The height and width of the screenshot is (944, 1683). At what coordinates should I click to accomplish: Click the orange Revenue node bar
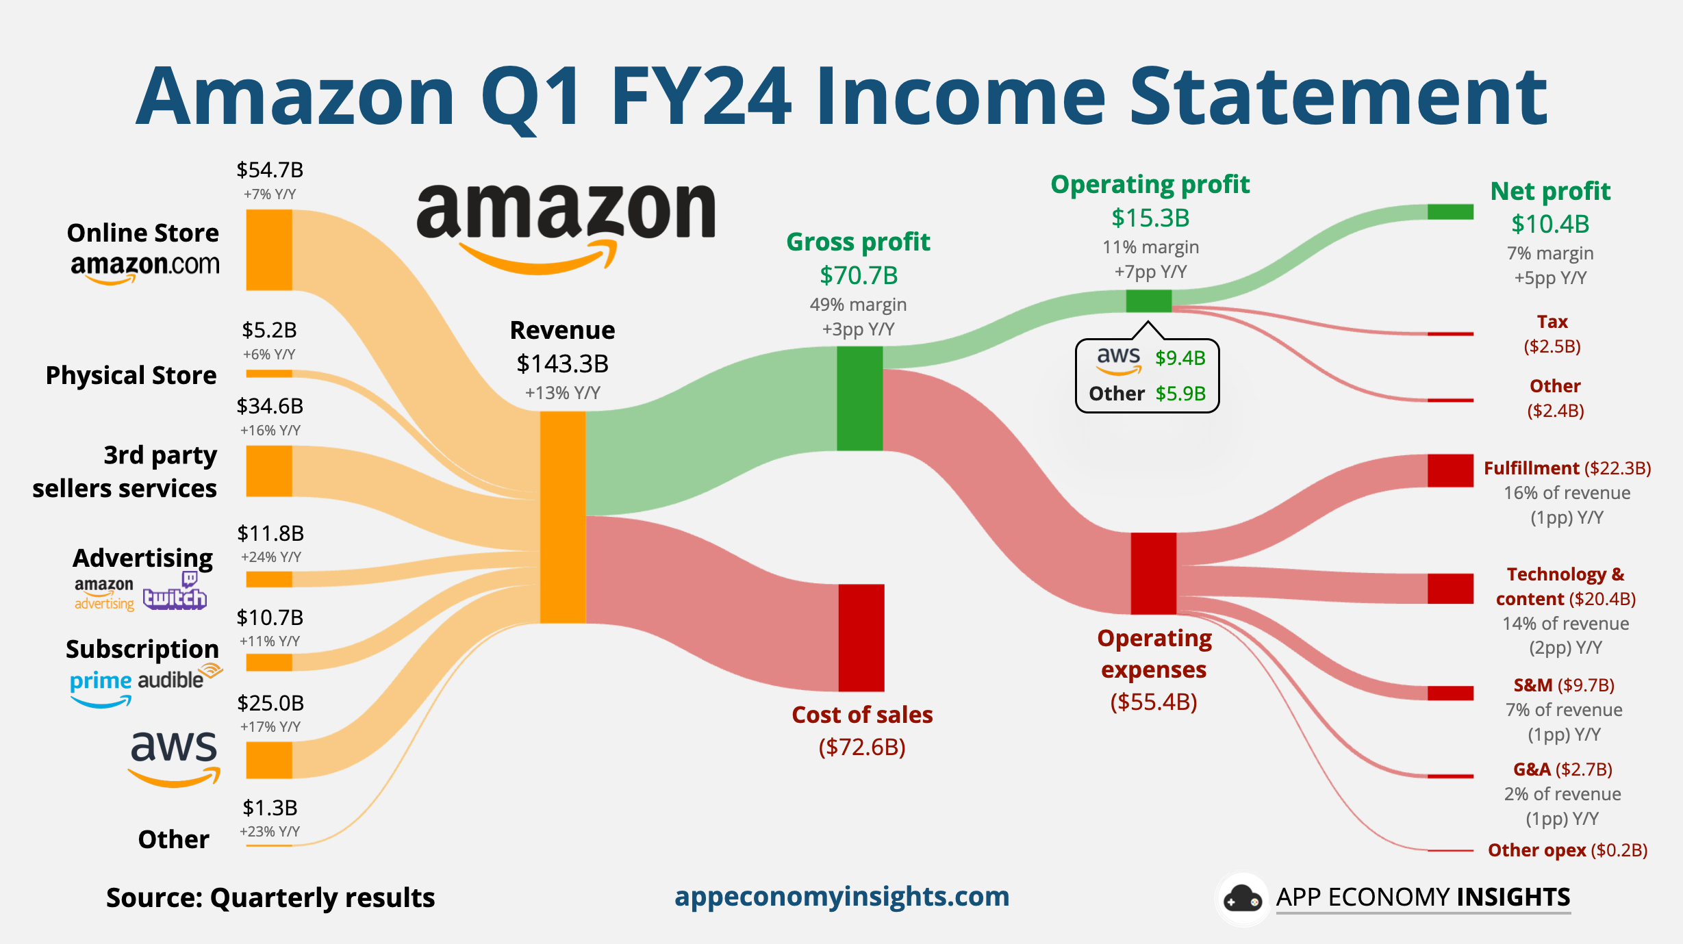point(563,517)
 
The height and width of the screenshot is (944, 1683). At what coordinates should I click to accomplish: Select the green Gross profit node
point(859,398)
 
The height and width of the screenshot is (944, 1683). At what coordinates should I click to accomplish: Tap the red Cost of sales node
point(861,637)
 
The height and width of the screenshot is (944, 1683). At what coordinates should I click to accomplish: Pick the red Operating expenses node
point(1153,573)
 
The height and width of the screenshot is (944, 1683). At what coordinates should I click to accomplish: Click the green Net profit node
point(1450,212)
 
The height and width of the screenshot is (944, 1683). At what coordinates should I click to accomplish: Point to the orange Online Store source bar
point(269,250)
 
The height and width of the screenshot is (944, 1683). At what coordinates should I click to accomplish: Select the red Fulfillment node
point(1450,470)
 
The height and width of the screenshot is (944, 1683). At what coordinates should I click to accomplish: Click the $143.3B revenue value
point(562,363)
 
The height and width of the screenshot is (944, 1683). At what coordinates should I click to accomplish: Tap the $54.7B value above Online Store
point(270,170)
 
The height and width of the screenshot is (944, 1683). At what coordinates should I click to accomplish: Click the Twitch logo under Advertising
point(175,593)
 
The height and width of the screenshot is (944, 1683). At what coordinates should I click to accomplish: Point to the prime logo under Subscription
point(101,686)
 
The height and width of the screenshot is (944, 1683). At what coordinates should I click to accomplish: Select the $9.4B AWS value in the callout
point(1180,358)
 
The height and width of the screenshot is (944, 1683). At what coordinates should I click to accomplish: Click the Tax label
point(1552,322)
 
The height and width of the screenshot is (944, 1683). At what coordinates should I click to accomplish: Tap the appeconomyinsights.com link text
point(841,896)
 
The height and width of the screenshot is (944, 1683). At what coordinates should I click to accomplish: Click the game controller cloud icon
point(1242,899)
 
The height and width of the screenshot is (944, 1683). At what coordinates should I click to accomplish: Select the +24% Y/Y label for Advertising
point(270,557)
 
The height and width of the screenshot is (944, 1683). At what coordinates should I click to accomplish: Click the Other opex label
point(1536,850)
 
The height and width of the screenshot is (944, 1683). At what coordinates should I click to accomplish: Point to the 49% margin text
point(858,305)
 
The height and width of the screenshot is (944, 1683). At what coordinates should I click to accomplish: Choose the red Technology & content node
point(1450,589)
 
